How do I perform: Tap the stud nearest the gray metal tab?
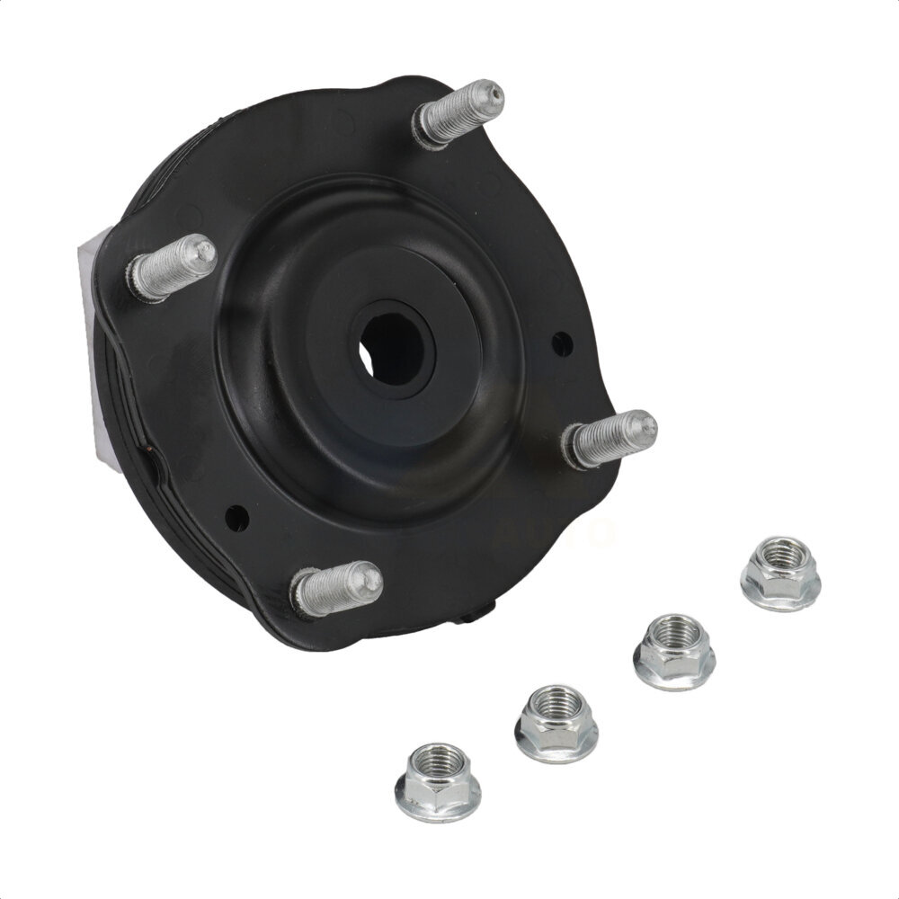click(172, 267)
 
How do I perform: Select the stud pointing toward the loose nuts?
click(610, 439)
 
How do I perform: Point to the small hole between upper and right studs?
click(562, 343)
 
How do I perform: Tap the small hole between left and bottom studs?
click(236, 517)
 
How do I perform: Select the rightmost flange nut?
click(780, 574)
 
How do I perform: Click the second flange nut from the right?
click(673, 651)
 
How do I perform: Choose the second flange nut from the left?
click(556, 723)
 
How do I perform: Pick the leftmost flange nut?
click(438, 782)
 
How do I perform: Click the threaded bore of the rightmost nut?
click(781, 553)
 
